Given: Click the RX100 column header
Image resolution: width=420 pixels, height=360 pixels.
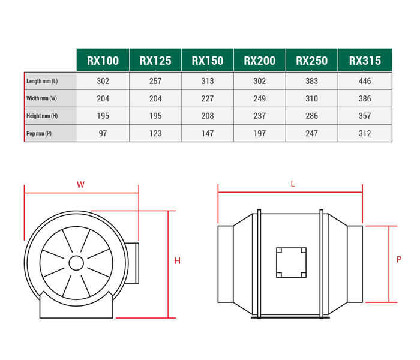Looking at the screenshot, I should coord(103,60).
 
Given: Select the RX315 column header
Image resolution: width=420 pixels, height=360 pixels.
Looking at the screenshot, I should coord(365,60).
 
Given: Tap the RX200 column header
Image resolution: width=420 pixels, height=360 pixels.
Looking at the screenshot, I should coord(260,60).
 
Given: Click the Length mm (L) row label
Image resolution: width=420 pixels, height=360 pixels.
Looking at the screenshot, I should coord(42,81).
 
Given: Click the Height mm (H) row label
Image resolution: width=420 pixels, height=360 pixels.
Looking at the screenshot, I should coord(42,116).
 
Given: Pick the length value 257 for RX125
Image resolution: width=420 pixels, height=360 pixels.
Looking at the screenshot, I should coord(155,81).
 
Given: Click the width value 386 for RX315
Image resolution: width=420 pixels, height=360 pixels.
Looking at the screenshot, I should coord(365,98).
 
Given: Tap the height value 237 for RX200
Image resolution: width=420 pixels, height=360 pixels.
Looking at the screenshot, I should coord(260,116).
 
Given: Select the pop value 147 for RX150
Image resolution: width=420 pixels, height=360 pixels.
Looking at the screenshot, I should coord(208,133).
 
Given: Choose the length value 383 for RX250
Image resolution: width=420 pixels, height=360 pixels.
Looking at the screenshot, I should coord(312,81).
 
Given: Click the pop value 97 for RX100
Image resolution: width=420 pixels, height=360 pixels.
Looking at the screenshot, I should coord(103,133).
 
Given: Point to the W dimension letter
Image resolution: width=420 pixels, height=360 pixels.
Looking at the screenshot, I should coord(80,185).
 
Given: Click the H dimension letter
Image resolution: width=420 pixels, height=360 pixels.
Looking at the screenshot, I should coord(178,261).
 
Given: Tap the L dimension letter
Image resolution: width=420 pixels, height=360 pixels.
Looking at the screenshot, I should coord(293,185).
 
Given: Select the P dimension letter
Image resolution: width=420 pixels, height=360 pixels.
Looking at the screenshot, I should coord(399,260).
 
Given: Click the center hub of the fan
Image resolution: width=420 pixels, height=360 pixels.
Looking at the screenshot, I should coord(76,263).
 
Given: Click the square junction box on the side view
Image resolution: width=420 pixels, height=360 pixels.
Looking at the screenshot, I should coord(291,263).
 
